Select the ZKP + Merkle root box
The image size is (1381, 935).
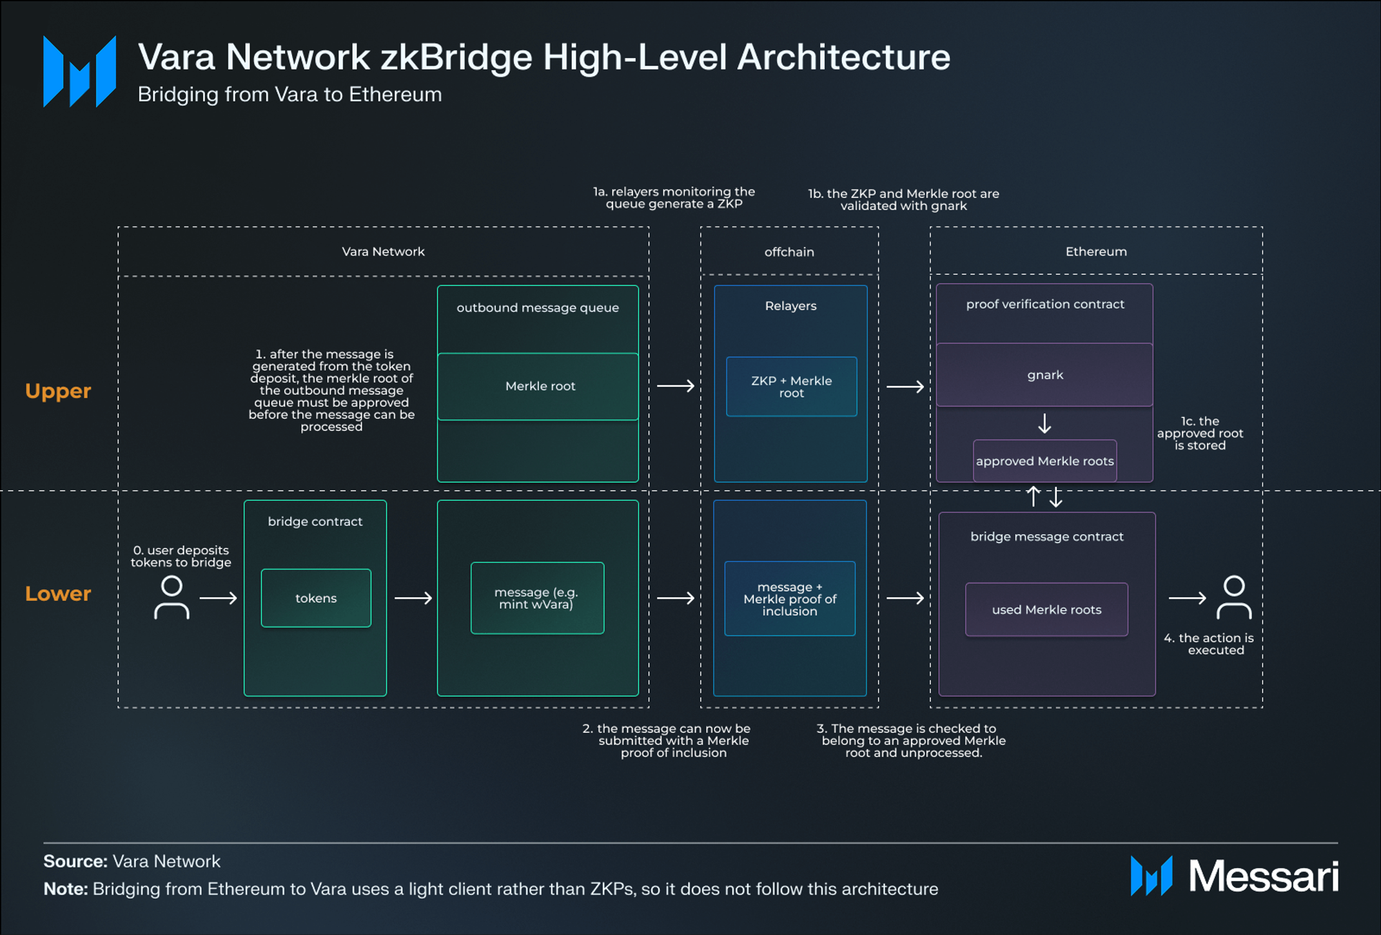pos(791,387)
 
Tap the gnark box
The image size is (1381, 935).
pos(1044,375)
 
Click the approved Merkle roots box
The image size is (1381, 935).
pos(1044,461)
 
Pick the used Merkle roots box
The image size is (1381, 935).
pos(1046,610)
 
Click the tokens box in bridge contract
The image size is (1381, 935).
pos(316,598)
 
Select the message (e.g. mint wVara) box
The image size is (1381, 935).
pos(537,598)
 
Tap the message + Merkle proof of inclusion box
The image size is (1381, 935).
pos(790,599)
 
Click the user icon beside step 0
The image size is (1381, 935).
pos(171,597)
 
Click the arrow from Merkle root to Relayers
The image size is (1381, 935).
pos(675,386)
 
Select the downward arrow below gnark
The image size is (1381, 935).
pos(1044,423)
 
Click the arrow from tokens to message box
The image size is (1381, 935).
pos(413,598)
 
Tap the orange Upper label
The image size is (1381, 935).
pos(58,391)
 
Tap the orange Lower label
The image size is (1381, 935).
pos(58,593)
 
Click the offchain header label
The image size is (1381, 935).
pos(789,252)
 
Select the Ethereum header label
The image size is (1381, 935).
pos(1096,252)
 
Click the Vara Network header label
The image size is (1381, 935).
pos(383,252)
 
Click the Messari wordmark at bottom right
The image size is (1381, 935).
pos(1263,876)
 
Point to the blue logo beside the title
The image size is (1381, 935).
pos(79,71)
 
